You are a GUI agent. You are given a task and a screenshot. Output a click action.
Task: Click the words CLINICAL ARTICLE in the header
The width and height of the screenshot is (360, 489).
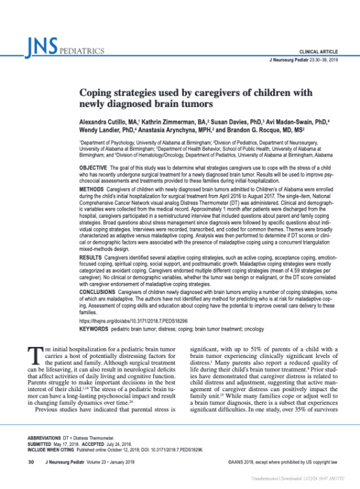click(319, 51)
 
